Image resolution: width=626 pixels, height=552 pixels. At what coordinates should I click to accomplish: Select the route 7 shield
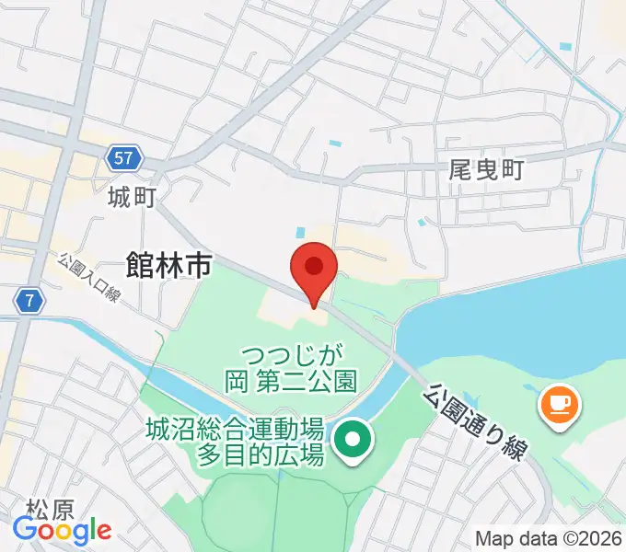30,299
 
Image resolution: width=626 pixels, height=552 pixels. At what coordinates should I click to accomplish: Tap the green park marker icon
351,442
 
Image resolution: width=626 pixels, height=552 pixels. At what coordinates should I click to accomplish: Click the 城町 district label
132,196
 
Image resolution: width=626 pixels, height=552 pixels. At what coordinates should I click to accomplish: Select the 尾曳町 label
485,169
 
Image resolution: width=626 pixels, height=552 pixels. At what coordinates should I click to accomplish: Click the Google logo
62,531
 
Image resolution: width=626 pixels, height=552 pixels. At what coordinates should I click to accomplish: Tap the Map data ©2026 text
548,538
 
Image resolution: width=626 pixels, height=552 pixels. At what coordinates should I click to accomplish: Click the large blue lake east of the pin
516,322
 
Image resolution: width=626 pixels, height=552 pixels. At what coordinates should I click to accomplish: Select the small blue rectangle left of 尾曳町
423,222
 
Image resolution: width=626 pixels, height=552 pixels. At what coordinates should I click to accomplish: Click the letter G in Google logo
23,530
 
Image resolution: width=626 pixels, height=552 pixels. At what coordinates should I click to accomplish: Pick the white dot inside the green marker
351,440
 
